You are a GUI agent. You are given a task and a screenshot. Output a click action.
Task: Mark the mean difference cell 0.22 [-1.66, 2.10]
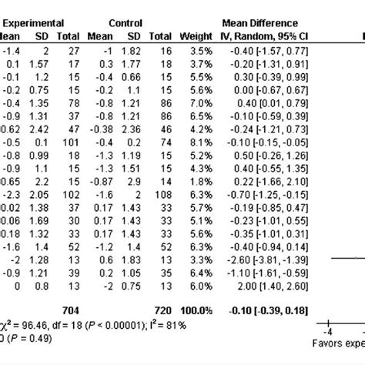pos(263,178)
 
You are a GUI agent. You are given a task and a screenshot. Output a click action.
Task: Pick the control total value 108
pos(162,196)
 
